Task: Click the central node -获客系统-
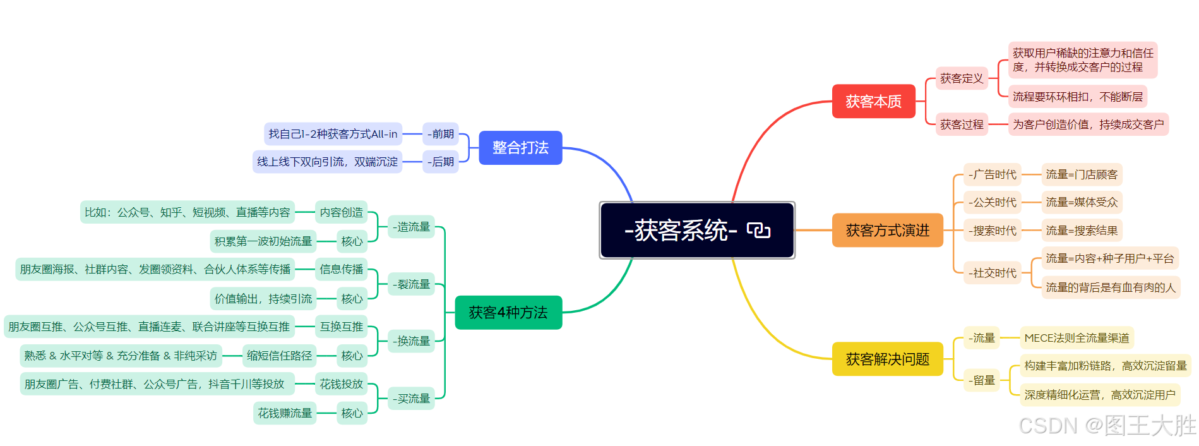point(681,231)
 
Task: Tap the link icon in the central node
point(758,231)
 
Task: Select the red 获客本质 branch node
point(873,101)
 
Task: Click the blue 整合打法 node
point(520,148)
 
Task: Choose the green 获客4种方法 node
point(508,313)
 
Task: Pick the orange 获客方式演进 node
point(887,231)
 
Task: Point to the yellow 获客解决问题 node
point(887,359)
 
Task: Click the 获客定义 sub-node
point(961,78)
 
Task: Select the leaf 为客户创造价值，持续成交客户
point(1088,124)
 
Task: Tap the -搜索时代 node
point(993,231)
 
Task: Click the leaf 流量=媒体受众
point(1082,202)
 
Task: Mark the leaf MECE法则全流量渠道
point(1077,338)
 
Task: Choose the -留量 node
point(982,380)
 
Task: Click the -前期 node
point(441,134)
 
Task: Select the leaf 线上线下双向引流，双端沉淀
point(327,162)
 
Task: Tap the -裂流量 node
point(411,284)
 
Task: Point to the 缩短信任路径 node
point(279,356)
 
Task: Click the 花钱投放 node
point(341,384)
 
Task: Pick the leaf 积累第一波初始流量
point(263,241)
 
